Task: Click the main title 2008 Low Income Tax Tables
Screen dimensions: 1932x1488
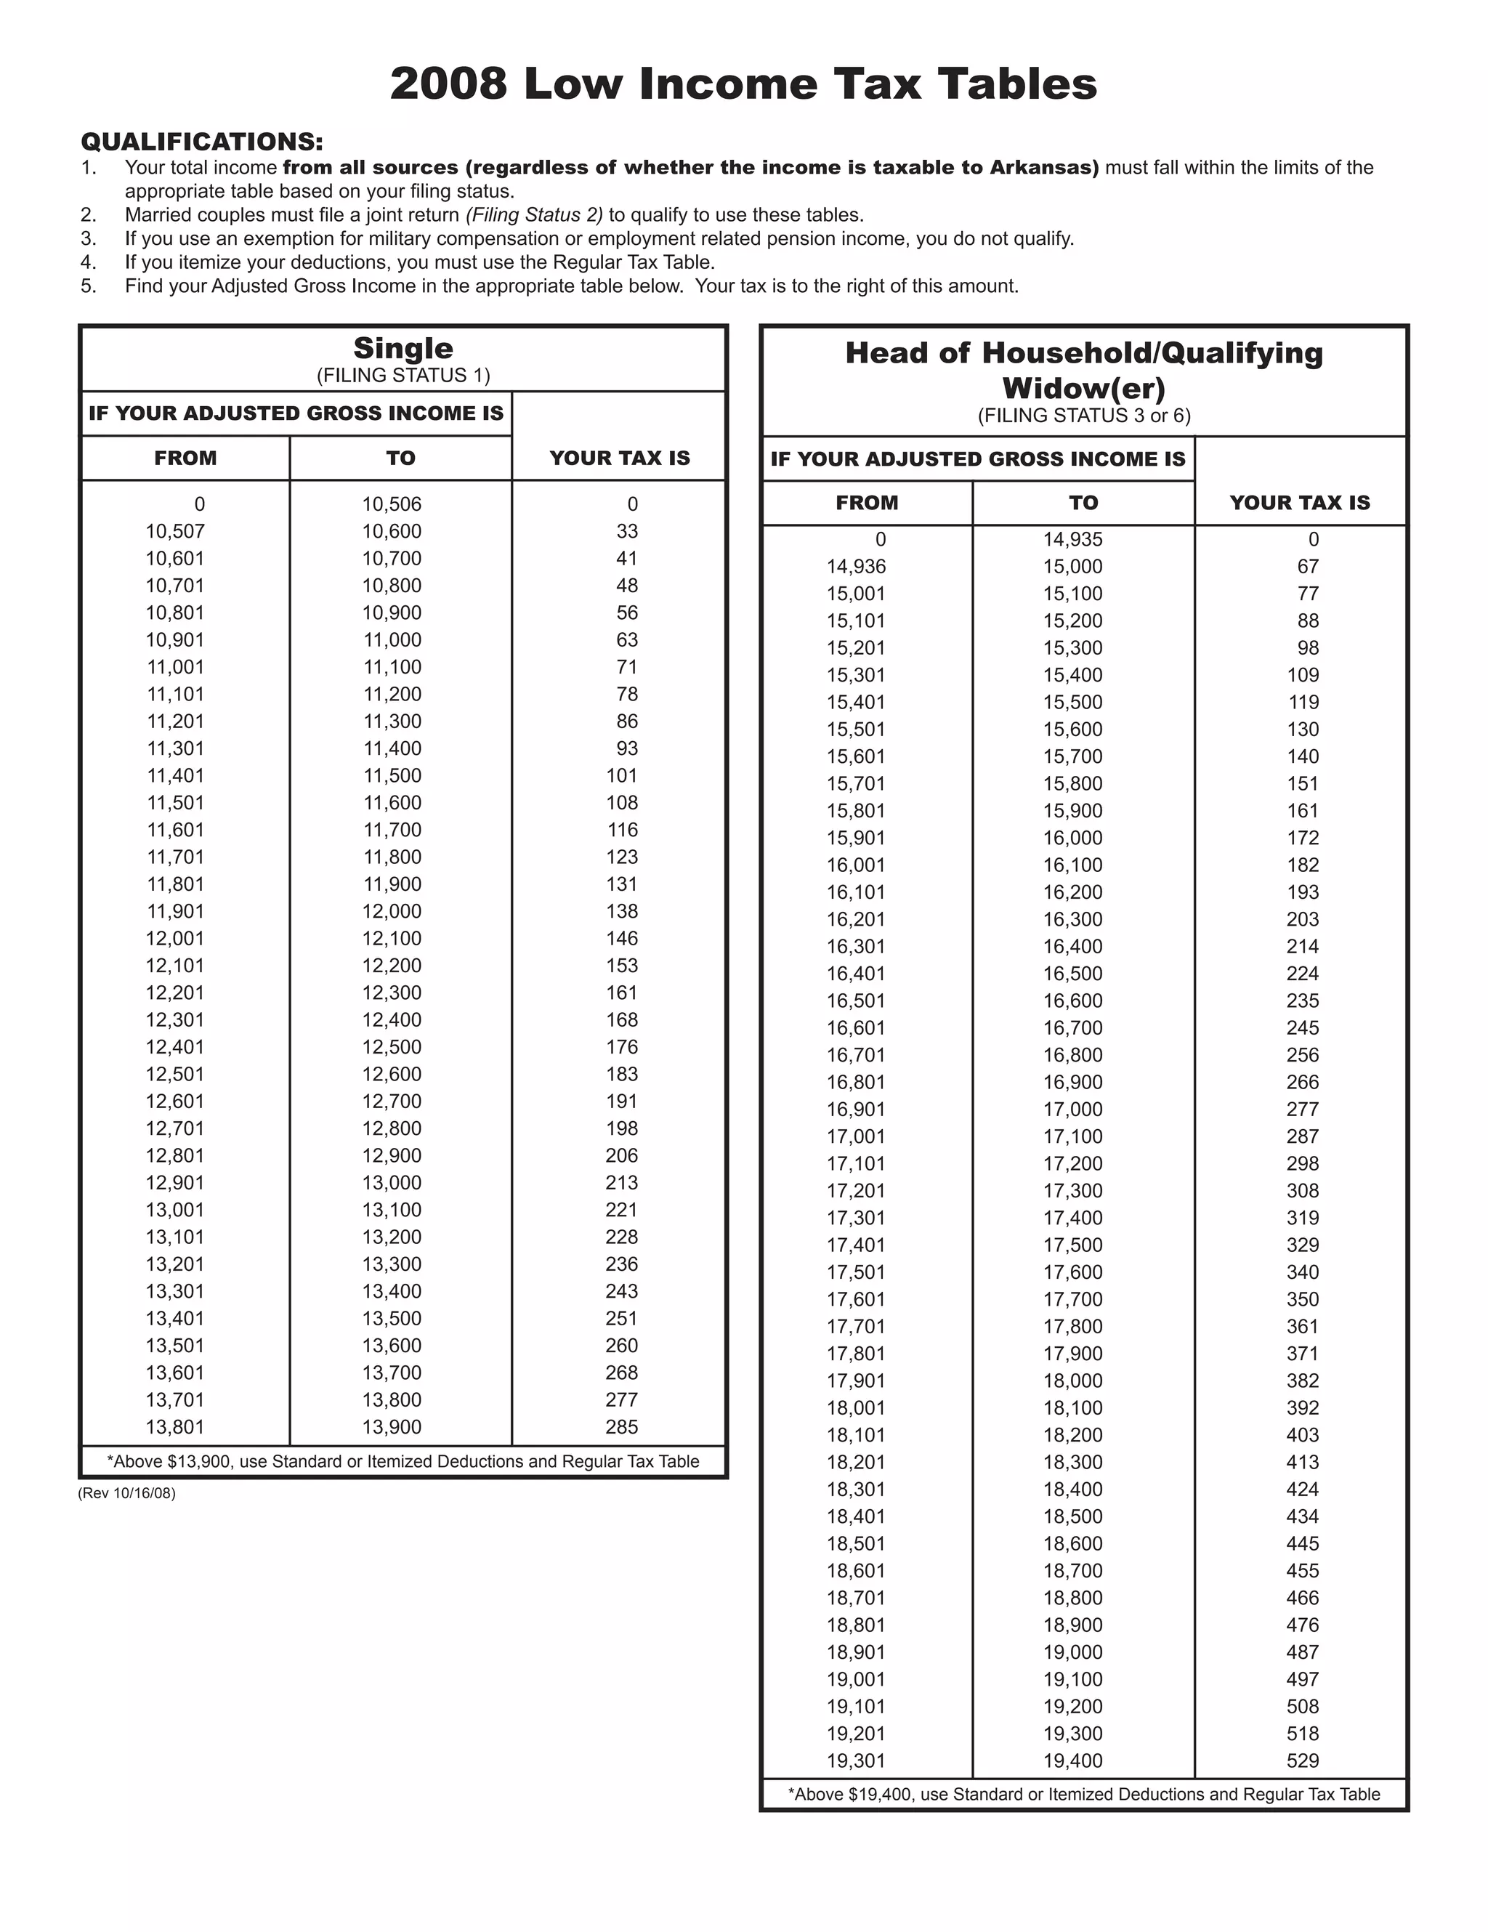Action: coord(743,85)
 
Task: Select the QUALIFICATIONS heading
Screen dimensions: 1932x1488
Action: coord(202,142)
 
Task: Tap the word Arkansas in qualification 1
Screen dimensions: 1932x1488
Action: coord(1042,167)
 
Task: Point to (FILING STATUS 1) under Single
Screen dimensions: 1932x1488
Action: coord(403,375)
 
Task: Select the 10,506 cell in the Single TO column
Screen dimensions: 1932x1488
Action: coord(391,504)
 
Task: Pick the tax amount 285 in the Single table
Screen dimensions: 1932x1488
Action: coord(621,1427)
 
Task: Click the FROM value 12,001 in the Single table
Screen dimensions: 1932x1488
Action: coord(175,939)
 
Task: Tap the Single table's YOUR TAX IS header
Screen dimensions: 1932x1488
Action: coord(619,458)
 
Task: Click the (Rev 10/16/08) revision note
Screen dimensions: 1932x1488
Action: coord(126,1493)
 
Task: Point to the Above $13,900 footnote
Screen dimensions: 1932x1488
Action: coord(403,1461)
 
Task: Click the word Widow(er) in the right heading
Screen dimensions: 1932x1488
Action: coord(1084,388)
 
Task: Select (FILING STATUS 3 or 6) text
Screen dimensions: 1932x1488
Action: coord(1084,416)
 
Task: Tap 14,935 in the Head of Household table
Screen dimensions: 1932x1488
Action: coord(1072,540)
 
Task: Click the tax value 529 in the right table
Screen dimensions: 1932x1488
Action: coord(1302,1761)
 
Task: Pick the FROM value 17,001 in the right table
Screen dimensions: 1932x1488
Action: coord(855,1136)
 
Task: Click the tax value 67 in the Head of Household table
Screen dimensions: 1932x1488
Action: coord(1308,567)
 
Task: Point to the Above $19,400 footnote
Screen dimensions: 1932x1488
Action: coord(1084,1795)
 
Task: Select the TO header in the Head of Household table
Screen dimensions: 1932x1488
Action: coord(1083,504)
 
